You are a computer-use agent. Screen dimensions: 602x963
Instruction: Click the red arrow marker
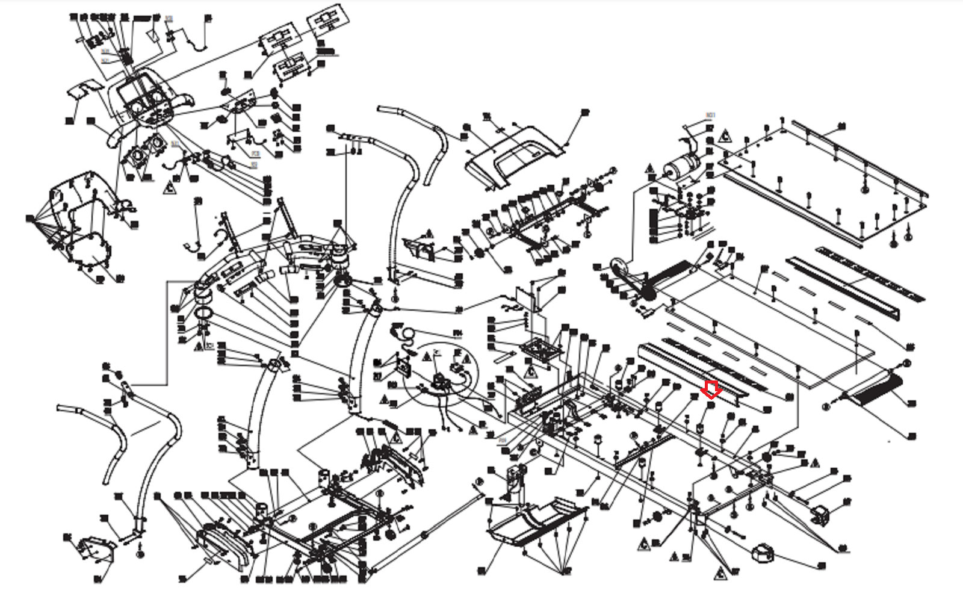coord(711,389)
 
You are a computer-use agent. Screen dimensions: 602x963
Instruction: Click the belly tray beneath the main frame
coord(536,524)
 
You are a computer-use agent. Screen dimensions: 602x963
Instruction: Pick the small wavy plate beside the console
coord(83,90)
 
